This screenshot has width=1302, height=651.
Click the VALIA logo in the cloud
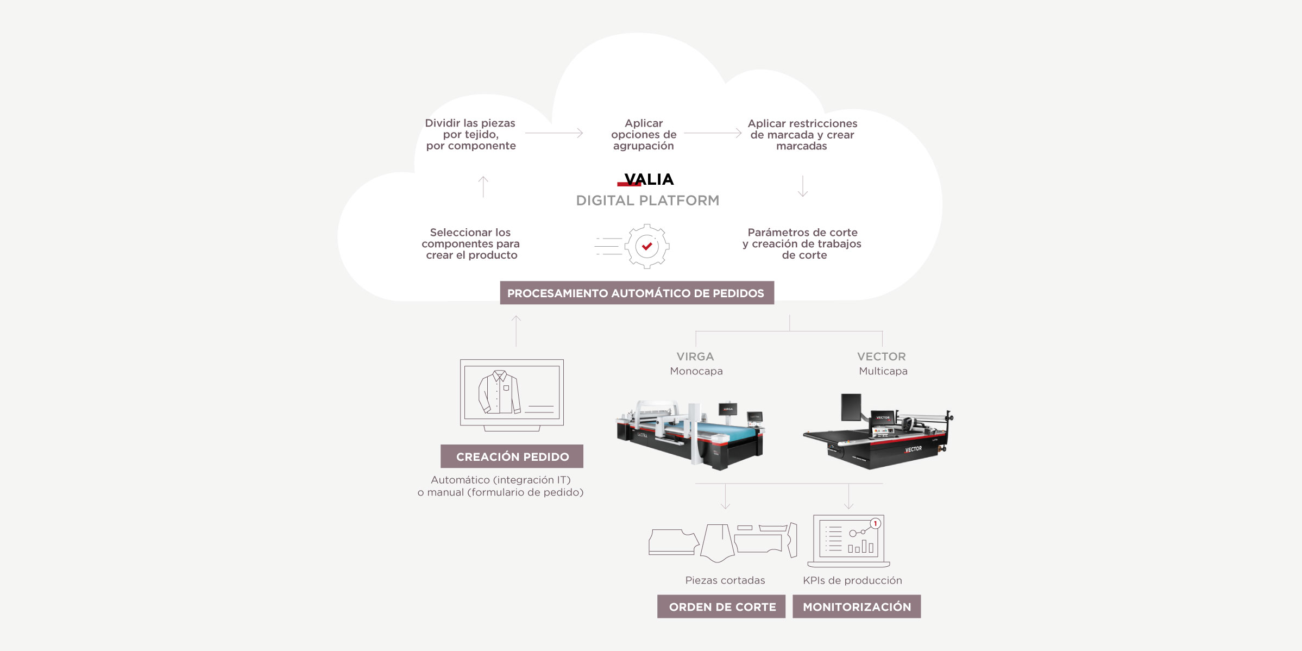tap(646, 179)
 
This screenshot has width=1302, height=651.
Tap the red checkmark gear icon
tap(646, 246)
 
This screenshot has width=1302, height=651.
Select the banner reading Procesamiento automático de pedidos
tap(637, 293)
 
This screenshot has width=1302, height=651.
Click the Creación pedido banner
tap(512, 456)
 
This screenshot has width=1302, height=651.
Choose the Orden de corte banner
tap(721, 606)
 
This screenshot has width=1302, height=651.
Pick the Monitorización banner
tap(857, 606)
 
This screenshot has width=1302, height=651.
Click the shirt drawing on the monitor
tap(499, 392)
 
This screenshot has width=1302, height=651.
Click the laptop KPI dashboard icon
tap(848, 541)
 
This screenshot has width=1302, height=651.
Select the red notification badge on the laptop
tap(875, 523)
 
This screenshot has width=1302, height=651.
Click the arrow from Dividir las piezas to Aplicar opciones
tap(554, 133)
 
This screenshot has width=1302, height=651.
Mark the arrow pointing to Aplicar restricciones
tap(713, 133)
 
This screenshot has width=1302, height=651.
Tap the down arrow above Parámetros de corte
tap(803, 186)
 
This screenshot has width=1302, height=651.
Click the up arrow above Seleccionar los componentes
tap(483, 186)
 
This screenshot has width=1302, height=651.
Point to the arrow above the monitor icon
tap(516, 331)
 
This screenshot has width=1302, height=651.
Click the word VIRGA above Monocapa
tap(695, 356)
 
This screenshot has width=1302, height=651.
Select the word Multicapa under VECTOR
tap(883, 371)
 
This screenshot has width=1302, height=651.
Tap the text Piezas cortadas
tap(725, 580)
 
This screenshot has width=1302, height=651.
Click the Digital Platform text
tap(647, 201)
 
